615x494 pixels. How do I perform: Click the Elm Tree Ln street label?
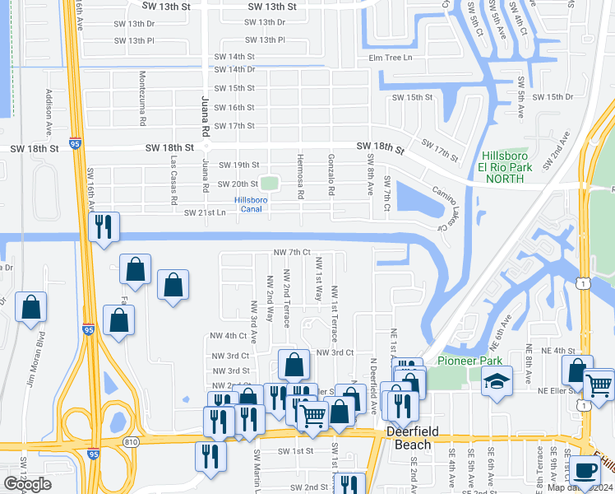tap(390, 58)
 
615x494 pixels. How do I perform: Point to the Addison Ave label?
tap(49, 113)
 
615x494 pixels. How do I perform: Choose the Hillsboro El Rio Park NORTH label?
tap(505, 166)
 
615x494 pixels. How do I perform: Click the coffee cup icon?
tap(585, 470)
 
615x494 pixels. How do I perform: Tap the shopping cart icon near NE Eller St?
tap(599, 383)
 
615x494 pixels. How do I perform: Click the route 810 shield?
tap(132, 442)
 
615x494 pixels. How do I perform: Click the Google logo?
tap(27, 484)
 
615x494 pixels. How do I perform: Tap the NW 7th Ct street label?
tap(292, 252)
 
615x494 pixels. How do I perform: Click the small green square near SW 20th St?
tap(270, 183)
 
